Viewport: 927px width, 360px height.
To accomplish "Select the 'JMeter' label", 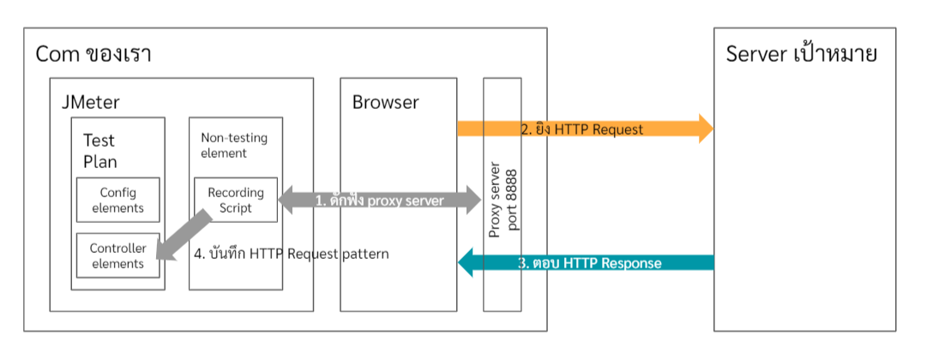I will [x=90, y=103].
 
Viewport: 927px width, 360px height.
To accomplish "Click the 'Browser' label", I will [x=385, y=103].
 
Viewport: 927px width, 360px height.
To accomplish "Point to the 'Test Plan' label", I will [x=100, y=150].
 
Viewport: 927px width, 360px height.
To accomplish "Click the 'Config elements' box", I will [x=117, y=200].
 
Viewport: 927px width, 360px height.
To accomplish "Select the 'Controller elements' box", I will [x=117, y=255].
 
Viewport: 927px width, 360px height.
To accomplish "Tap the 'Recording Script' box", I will [x=236, y=200].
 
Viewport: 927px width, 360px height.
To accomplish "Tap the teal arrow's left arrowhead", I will [x=467, y=262].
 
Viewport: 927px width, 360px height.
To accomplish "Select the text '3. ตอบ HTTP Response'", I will [x=591, y=263].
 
